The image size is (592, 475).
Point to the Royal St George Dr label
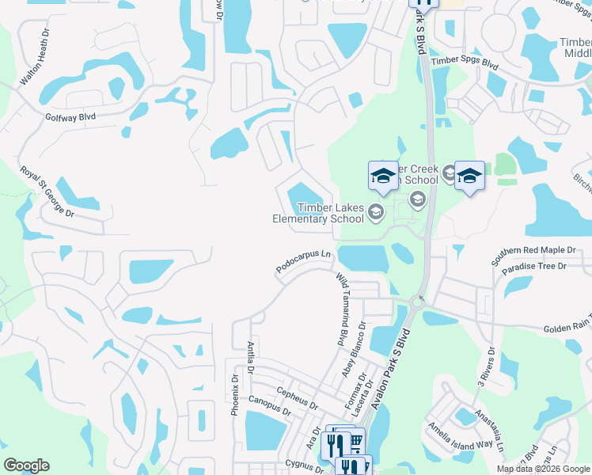tap(47, 192)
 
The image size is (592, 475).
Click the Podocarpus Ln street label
tap(304, 263)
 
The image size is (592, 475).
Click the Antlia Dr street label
tap(249, 357)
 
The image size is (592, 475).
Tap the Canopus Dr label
tap(270, 407)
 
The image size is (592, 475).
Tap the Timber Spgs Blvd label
tap(464, 62)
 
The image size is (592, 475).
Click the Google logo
tap(26, 465)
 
